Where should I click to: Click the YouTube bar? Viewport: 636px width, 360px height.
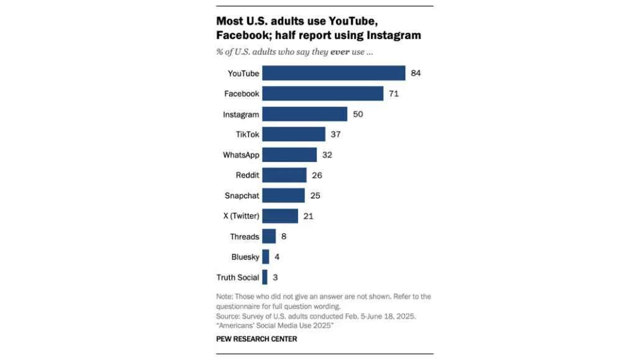point(334,73)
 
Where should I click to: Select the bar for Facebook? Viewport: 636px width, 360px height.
point(322,94)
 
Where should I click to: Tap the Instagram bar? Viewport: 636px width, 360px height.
point(304,114)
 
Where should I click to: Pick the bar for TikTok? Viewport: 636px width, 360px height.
point(294,134)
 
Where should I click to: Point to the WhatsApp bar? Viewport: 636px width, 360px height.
point(289,155)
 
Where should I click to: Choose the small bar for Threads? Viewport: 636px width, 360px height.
point(269,236)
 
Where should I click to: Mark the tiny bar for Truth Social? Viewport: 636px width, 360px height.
point(265,277)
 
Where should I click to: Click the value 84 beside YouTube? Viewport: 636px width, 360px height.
point(416,73)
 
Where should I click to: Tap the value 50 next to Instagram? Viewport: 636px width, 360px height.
point(357,114)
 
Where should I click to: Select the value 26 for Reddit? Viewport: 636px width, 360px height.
point(317,175)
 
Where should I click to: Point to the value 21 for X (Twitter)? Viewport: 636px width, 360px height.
point(308,216)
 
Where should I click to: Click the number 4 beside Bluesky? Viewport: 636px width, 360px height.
point(276,257)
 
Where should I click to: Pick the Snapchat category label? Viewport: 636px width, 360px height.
point(242,196)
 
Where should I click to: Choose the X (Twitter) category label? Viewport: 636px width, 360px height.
point(238,216)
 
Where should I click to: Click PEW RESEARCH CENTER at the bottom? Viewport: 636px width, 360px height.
point(257,339)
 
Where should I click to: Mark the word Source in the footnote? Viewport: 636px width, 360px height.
point(228,316)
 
